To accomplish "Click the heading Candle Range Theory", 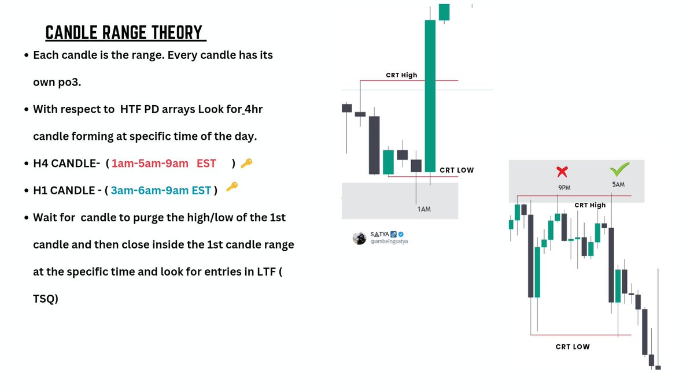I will coord(125,33).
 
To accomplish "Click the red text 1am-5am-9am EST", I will coord(164,164).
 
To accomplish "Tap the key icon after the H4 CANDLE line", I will coord(246,164).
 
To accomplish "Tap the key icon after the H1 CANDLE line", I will coord(232,187).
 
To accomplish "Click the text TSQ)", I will coord(46,298).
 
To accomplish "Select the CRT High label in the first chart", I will coord(401,75).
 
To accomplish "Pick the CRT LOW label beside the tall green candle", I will coord(456,170).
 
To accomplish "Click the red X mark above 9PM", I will coord(561,172).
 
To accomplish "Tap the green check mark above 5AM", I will coord(619,170).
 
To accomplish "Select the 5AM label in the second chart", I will coord(618,185).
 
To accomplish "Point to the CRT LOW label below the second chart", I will coord(573,347).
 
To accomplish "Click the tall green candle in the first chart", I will coord(430,95).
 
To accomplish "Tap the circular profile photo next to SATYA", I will coord(360,238).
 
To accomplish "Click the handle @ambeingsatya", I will coord(389,242).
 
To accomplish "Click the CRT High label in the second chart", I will coord(590,205).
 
